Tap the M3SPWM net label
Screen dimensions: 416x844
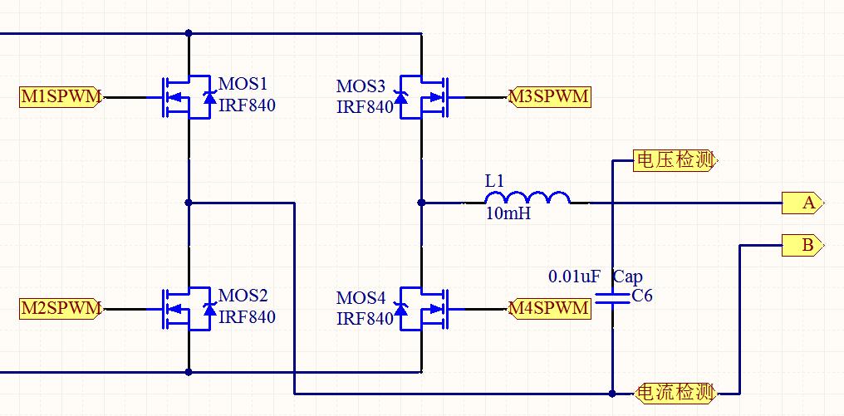point(549,97)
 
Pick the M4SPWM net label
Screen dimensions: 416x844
point(549,309)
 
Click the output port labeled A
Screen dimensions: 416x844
point(802,202)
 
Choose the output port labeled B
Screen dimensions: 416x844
point(802,245)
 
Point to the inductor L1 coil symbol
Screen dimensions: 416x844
point(527,198)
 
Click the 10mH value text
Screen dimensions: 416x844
point(508,214)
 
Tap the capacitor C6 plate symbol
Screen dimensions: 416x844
point(612,299)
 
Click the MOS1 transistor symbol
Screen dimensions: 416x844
point(184,97)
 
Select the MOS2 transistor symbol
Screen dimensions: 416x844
point(184,309)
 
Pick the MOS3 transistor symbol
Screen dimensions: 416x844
point(424,97)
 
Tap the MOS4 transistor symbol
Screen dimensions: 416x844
point(424,309)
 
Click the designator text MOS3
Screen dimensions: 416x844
point(361,86)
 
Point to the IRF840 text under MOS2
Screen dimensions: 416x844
point(247,317)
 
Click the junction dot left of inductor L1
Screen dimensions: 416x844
point(421,203)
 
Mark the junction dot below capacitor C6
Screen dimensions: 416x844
point(612,393)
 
